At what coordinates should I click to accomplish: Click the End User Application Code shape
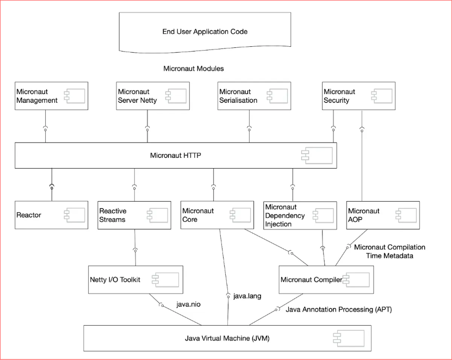point(205,32)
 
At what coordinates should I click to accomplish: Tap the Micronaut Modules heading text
point(194,69)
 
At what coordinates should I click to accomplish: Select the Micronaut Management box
point(51,96)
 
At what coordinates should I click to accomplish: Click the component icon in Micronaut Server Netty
point(176,96)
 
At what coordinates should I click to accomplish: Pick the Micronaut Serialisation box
point(254,96)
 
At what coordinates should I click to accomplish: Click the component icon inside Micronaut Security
point(382,96)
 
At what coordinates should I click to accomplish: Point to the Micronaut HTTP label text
point(176,156)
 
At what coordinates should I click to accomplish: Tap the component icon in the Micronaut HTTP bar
point(317,156)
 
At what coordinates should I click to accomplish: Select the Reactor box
point(51,215)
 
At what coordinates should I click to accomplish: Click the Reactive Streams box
point(134,215)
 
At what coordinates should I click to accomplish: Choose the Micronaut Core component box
point(218,215)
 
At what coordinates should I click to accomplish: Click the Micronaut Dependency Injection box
point(300,215)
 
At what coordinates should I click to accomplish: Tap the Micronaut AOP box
point(383,215)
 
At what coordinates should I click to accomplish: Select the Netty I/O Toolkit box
point(135,280)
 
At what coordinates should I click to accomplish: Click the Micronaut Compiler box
point(326,280)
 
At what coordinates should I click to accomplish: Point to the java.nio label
point(189,305)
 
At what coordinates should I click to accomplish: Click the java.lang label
point(247,296)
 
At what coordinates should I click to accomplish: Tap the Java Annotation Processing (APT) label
point(339,309)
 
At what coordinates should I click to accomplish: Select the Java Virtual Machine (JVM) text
point(227,338)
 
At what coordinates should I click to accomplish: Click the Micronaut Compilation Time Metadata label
point(390,251)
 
